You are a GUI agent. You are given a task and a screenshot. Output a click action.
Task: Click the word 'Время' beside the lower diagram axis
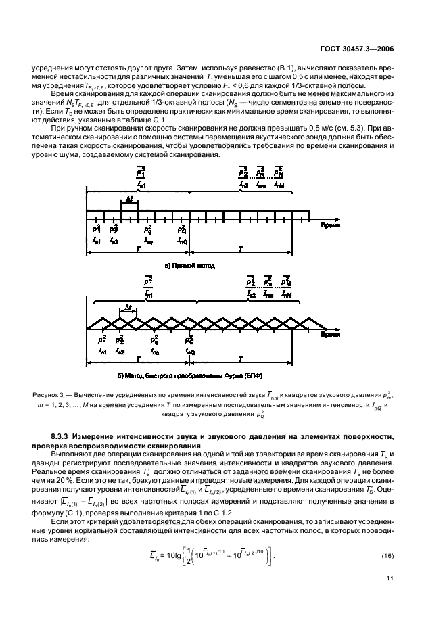pyautogui.click(x=330, y=333)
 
